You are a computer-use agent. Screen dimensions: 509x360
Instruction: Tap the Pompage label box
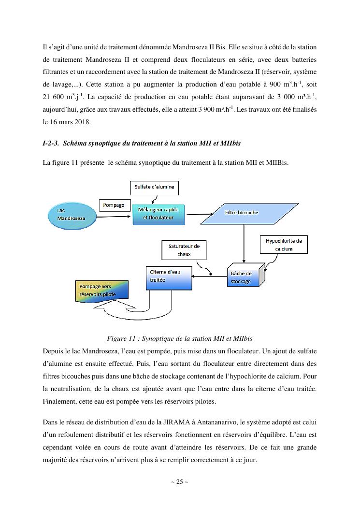coord(114,205)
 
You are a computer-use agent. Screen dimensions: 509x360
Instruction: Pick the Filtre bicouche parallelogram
coord(242,213)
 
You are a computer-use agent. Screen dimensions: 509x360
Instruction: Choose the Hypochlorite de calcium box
coord(284,245)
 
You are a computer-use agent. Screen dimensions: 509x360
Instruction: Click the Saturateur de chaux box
coord(184,250)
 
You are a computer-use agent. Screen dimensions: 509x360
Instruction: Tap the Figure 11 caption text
coord(180,338)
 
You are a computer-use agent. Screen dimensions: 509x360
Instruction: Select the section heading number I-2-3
coord(51,144)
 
